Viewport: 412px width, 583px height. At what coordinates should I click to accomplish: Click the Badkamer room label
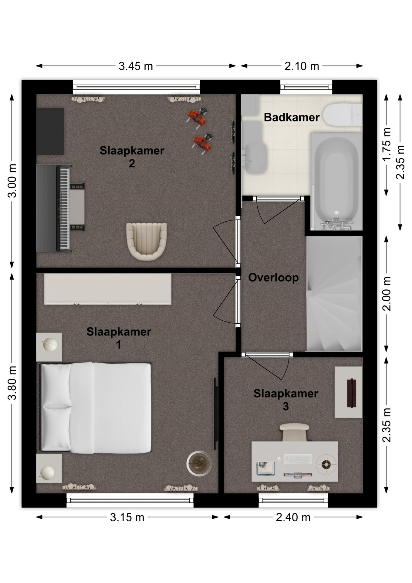(292, 117)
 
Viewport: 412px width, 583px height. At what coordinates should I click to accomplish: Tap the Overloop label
(273, 278)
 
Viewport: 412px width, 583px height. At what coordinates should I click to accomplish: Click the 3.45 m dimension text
(136, 66)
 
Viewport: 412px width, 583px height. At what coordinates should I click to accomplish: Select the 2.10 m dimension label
(302, 66)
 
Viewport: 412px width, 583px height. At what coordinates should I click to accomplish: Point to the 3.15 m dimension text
(127, 517)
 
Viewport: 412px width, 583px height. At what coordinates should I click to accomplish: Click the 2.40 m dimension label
(293, 517)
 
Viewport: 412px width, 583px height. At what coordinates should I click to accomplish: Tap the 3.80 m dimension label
(12, 383)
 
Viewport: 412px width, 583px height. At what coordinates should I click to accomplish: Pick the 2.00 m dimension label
(387, 294)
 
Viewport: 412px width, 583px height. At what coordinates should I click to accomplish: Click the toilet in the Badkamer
(343, 115)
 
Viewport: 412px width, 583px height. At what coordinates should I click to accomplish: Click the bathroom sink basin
(256, 158)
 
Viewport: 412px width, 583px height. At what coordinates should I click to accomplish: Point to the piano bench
(77, 207)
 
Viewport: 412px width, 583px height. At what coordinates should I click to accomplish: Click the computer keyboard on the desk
(298, 459)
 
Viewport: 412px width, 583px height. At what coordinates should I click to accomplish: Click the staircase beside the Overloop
(334, 294)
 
